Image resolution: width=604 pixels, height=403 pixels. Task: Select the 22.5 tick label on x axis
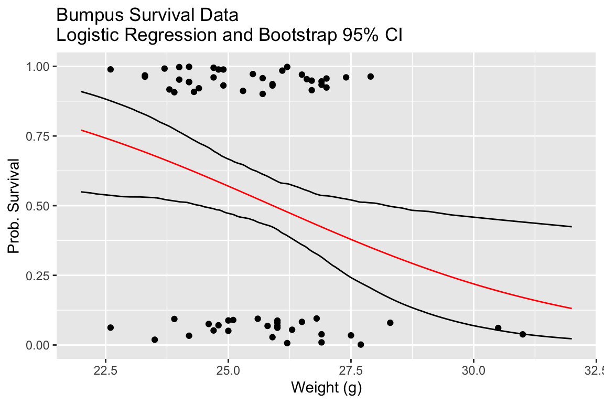105,369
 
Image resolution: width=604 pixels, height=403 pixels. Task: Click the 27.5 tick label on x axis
351,369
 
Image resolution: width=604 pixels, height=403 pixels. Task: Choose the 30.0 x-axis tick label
473,369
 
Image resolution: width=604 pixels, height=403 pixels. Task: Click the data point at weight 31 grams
523,334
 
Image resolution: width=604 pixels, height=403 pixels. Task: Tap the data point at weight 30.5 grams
498,328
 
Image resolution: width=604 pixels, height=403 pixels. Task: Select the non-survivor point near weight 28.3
390,323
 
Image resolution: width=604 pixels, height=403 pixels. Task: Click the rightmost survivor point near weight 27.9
371,77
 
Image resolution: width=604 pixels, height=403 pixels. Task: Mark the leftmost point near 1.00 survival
111,69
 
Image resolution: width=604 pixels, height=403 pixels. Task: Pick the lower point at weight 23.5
155,340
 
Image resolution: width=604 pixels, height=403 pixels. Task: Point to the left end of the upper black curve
81,91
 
